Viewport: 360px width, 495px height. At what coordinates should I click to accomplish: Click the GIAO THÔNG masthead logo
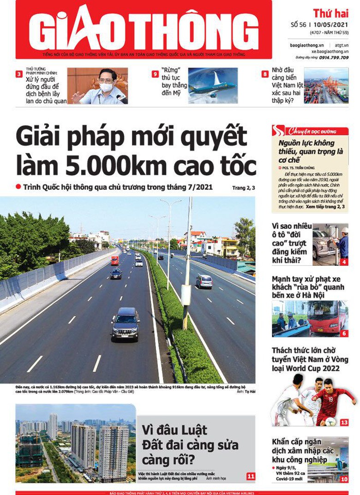(143, 29)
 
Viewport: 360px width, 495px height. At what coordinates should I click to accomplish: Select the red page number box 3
(19, 74)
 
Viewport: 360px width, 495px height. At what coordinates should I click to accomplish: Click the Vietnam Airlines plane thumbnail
(213, 85)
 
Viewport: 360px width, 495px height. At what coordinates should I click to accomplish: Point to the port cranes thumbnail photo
(326, 85)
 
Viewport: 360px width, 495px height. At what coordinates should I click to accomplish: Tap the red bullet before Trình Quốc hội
(18, 186)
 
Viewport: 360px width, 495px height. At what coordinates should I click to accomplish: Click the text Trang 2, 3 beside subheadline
(243, 188)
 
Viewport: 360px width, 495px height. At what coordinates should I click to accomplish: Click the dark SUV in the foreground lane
(125, 323)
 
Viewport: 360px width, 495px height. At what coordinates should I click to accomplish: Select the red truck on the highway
(114, 261)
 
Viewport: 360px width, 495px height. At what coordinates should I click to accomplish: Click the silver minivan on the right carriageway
(204, 281)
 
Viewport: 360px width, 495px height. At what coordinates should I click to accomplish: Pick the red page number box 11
(251, 476)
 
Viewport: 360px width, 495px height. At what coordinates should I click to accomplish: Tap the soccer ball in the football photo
(330, 421)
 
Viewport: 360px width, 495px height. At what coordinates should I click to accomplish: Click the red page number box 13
(344, 423)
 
